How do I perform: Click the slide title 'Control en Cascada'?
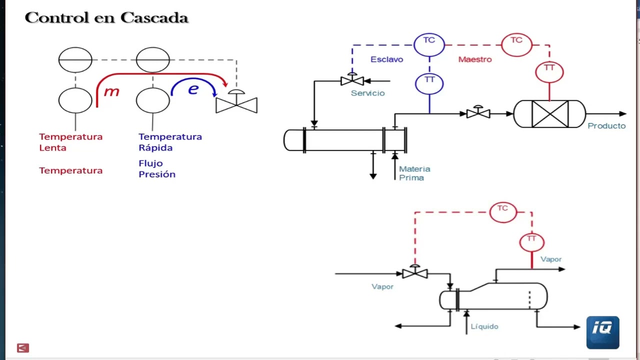tap(106, 18)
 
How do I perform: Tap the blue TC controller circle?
tap(429, 44)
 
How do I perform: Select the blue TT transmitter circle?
tap(429, 82)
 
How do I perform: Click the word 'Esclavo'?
tap(386, 59)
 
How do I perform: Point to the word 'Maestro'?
tap(475, 59)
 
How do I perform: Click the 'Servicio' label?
tap(367, 93)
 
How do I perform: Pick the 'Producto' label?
tap(606, 126)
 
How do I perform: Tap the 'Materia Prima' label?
tap(414, 173)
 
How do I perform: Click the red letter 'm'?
tap(111, 91)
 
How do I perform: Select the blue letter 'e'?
tap(193, 89)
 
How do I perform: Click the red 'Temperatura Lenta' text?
tap(70, 142)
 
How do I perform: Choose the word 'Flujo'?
tap(150, 163)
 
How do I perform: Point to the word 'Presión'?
tap(157, 174)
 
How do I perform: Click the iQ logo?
tap(602, 332)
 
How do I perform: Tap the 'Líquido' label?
tap(484, 326)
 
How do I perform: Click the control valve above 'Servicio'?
tap(352, 80)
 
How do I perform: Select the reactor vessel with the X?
tap(549, 114)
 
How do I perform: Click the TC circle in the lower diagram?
tap(502, 211)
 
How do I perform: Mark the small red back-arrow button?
tap(23, 348)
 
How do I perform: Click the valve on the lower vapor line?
tap(414, 273)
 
